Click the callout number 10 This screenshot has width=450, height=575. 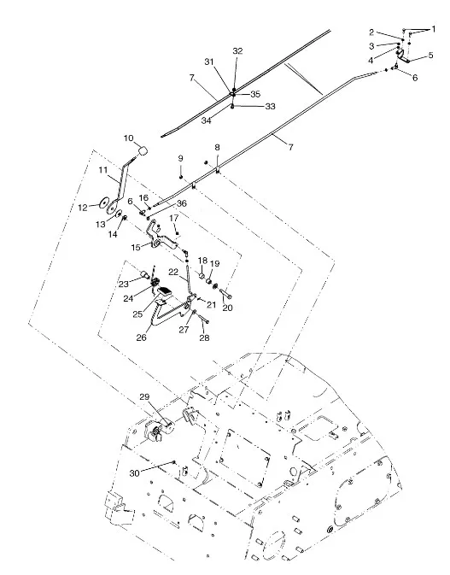(129, 138)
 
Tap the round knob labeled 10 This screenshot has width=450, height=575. (143, 150)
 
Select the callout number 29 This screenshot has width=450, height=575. (145, 396)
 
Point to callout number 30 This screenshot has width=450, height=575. (134, 473)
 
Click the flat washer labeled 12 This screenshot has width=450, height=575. (104, 202)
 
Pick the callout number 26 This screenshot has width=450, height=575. (142, 337)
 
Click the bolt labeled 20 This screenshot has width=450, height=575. (226, 293)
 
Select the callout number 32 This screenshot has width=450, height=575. (238, 51)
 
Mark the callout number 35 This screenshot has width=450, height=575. (255, 94)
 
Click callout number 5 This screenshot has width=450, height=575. (430, 56)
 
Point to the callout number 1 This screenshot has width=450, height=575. (434, 29)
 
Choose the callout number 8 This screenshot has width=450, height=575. (217, 148)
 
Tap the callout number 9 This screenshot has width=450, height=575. (181, 158)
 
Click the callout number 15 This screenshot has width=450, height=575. (136, 248)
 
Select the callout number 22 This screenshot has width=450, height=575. (173, 272)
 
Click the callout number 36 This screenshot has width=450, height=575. (182, 203)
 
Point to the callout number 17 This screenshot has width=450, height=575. (173, 218)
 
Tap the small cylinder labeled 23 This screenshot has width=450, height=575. (144, 273)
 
